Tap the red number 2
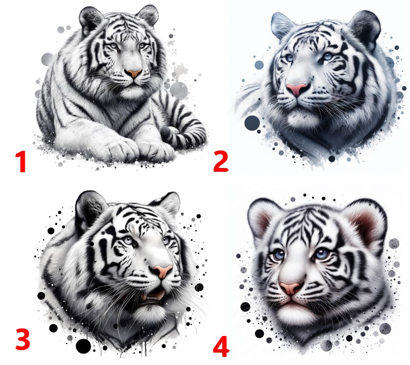(x=221, y=161)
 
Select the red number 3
(x=22, y=339)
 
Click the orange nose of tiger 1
(x=134, y=73)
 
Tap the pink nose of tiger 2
(x=297, y=89)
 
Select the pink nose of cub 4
(x=291, y=287)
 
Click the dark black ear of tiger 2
(x=366, y=29)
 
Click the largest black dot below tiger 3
(x=83, y=345)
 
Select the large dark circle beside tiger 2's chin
(x=252, y=123)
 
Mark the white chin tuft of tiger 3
(x=150, y=314)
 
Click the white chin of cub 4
(x=293, y=312)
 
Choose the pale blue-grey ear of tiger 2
(x=282, y=25)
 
